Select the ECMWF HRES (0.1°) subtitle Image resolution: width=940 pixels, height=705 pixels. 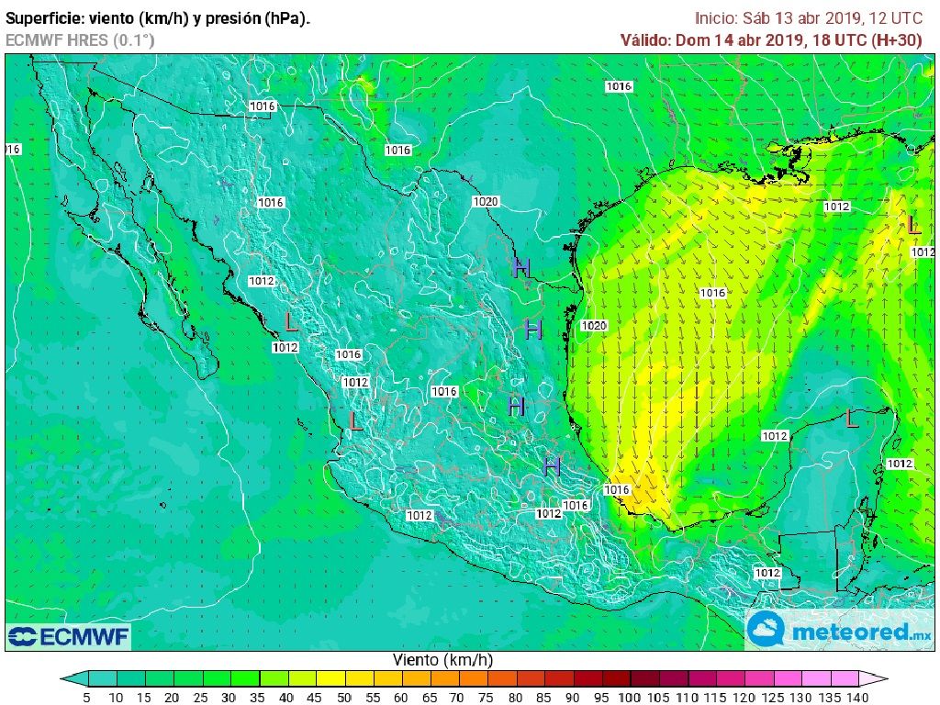pos(80,39)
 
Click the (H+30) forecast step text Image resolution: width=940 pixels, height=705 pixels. pos(904,39)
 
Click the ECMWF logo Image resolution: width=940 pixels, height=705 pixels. pos(69,636)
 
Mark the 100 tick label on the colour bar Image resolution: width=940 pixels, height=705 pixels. pos(629,698)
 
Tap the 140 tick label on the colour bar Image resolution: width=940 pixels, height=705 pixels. pos(858,698)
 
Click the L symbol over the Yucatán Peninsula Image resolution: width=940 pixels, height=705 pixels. pos(851,420)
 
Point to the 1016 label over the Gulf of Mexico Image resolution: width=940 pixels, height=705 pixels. pos(712,294)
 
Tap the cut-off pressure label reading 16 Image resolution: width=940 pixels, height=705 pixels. pos(13,149)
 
